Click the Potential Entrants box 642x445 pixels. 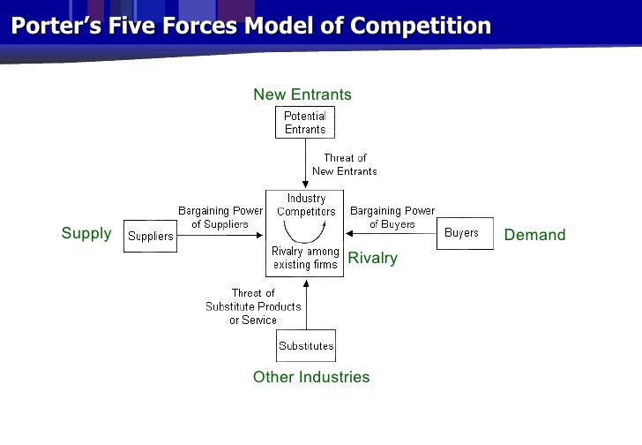pyautogui.click(x=305, y=123)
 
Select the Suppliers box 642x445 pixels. pyautogui.click(x=150, y=236)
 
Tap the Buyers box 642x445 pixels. pyautogui.click(x=461, y=233)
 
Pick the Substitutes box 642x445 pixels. pyautogui.click(x=306, y=345)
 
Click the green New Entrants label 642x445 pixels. pyautogui.click(x=302, y=94)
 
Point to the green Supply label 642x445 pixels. pyautogui.click(x=86, y=234)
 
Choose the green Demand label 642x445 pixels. pyautogui.click(x=534, y=235)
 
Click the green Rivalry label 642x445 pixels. pyautogui.click(x=373, y=258)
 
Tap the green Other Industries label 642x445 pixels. pyautogui.click(x=311, y=377)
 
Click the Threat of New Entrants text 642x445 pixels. pyautogui.click(x=345, y=165)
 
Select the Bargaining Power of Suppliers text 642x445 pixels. pyautogui.click(x=220, y=217)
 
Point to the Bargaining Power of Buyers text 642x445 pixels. pyautogui.click(x=392, y=217)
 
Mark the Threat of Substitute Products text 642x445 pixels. pyautogui.click(x=253, y=306)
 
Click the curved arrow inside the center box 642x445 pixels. pyautogui.click(x=304, y=232)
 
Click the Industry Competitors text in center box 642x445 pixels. pyautogui.click(x=306, y=205)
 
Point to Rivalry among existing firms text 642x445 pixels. pyautogui.click(x=304, y=258)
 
